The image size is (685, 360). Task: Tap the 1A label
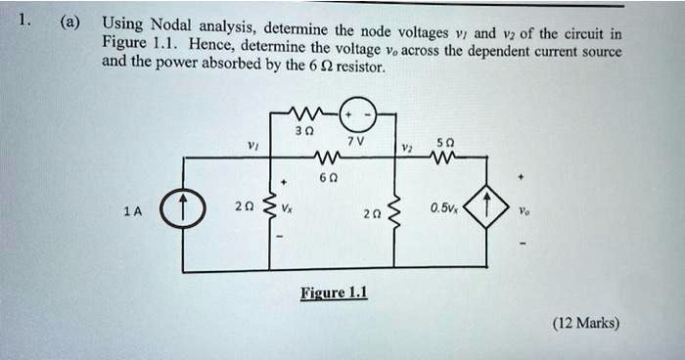point(132,210)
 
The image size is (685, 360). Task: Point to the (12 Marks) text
point(585,324)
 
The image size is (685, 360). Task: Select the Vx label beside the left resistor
point(287,208)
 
